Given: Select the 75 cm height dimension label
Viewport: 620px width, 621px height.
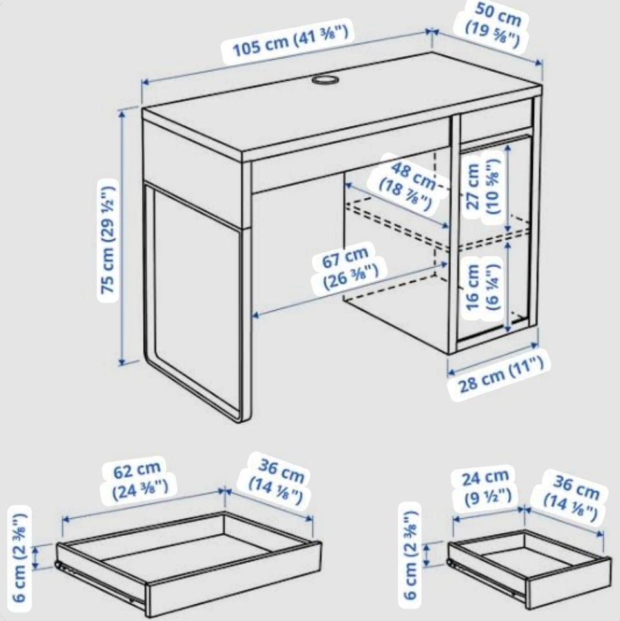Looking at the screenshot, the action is click(108, 240).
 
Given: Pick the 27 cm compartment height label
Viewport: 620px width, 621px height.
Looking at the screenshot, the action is click(482, 186).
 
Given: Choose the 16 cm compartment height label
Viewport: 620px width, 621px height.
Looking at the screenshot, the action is click(482, 287).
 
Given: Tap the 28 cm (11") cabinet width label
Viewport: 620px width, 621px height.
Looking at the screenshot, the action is click(500, 374).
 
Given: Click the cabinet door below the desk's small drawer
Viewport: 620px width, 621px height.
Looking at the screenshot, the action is click(495, 238).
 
